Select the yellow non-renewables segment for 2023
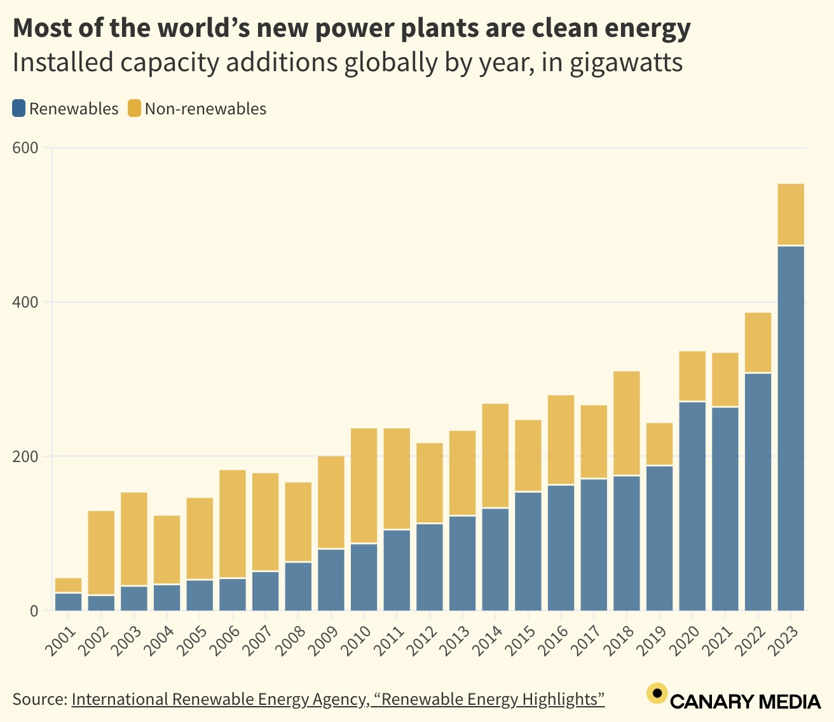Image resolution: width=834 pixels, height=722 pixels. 791,214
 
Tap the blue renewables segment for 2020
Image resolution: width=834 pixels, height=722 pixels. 692,506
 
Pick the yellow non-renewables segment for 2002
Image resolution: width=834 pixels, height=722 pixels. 101,552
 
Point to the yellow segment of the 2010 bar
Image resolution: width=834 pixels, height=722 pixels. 364,486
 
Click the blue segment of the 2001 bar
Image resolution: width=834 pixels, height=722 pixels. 68,601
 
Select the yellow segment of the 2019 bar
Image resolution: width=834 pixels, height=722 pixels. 659,444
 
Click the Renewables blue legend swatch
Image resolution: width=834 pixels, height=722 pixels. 19,109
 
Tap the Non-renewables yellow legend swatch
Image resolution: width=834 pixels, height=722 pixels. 134,109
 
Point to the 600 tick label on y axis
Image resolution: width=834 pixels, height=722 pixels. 25,147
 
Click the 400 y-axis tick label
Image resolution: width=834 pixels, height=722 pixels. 25,302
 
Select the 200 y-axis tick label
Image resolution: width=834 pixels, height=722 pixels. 25,456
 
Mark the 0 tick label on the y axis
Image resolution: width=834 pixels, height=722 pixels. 33,611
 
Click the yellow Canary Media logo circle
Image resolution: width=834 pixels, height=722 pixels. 657,693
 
